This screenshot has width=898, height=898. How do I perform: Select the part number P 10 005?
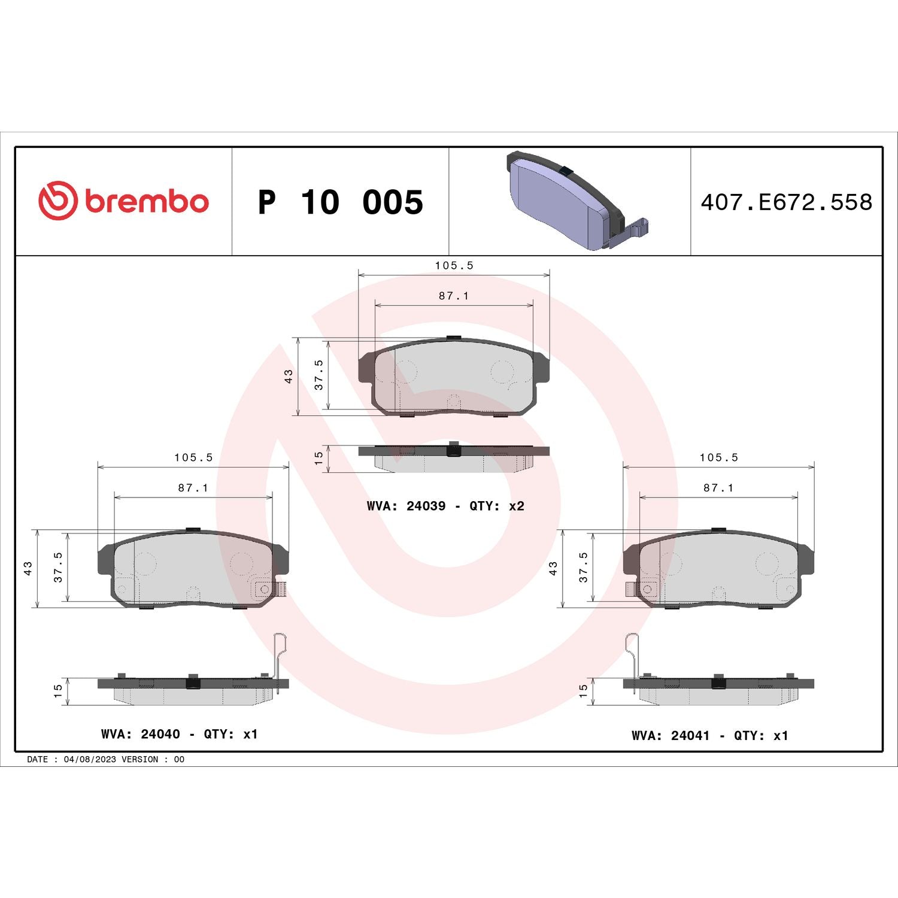click(x=340, y=202)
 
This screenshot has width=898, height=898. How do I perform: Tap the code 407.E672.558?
click(x=786, y=202)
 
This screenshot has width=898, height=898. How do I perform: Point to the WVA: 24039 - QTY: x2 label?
click(x=445, y=506)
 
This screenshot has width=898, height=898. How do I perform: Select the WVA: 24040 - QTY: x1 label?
click(x=179, y=734)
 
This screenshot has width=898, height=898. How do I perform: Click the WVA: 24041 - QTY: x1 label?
click(x=709, y=735)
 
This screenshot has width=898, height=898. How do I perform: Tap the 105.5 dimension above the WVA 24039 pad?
click(x=454, y=265)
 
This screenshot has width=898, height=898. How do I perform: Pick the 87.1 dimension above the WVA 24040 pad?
click(x=193, y=488)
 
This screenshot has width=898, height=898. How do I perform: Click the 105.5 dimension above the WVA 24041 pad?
click(x=718, y=457)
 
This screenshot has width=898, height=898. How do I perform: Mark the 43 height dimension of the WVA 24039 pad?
click(x=289, y=376)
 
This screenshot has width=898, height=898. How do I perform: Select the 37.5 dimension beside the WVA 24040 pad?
click(x=58, y=567)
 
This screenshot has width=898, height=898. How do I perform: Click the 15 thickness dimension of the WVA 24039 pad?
click(x=318, y=458)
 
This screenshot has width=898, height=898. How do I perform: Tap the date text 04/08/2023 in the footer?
click(x=90, y=759)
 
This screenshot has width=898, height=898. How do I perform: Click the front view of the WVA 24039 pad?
click(x=453, y=377)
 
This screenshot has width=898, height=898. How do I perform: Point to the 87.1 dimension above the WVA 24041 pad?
click(x=718, y=488)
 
